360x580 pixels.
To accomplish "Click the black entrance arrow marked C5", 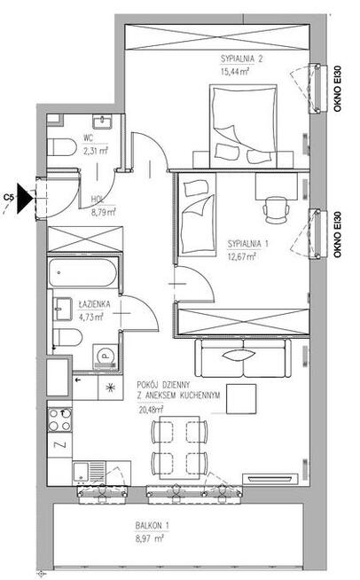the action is click(24, 199).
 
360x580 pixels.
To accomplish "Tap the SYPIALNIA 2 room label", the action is click(241, 59).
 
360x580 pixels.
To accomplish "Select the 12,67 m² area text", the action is click(242, 256).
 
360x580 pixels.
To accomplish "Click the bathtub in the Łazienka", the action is click(82, 272).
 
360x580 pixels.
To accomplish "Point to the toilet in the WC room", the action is click(61, 147).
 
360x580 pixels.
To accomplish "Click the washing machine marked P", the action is click(106, 357).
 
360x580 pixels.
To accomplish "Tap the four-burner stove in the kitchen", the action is click(60, 419).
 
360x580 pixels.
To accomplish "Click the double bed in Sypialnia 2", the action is click(244, 126).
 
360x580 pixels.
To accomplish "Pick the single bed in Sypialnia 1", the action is click(197, 215).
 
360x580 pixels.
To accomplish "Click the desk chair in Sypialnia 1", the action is click(276, 209).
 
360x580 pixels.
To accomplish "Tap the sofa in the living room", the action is click(243, 357).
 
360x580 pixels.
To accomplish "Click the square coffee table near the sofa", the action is click(241, 399).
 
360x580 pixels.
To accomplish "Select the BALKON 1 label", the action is click(152, 525).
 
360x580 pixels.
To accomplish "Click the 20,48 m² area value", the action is click(152, 410).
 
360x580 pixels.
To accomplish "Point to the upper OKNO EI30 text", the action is click(337, 89).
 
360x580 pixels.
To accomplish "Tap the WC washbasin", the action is click(102, 121).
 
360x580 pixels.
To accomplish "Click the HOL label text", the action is click(98, 200).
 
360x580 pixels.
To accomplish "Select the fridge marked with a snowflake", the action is click(110, 388).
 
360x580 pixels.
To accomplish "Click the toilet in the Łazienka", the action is click(67, 337).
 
